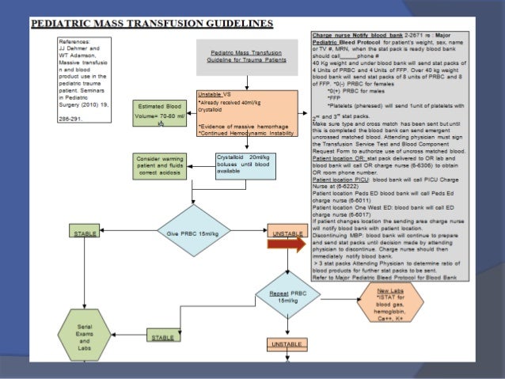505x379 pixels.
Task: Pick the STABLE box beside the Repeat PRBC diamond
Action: (162, 338)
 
